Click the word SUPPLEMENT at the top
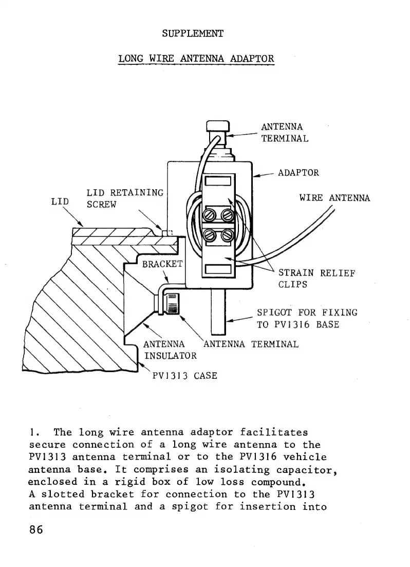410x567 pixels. click(x=193, y=33)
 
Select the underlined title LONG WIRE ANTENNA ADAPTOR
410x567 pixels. click(x=196, y=58)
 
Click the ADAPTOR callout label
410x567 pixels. click(x=298, y=173)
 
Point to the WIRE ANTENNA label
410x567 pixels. click(x=334, y=198)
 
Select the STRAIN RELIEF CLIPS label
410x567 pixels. click(x=316, y=279)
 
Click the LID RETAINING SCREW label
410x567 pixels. click(x=124, y=198)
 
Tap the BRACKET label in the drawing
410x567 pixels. click(x=162, y=264)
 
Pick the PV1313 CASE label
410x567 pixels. click(x=184, y=376)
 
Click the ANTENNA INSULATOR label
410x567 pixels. click(x=170, y=350)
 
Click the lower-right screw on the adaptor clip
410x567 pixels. click(x=227, y=235)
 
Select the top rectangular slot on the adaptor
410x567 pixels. click(x=220, y=181)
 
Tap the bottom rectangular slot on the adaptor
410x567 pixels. click(x=220, y=269)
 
